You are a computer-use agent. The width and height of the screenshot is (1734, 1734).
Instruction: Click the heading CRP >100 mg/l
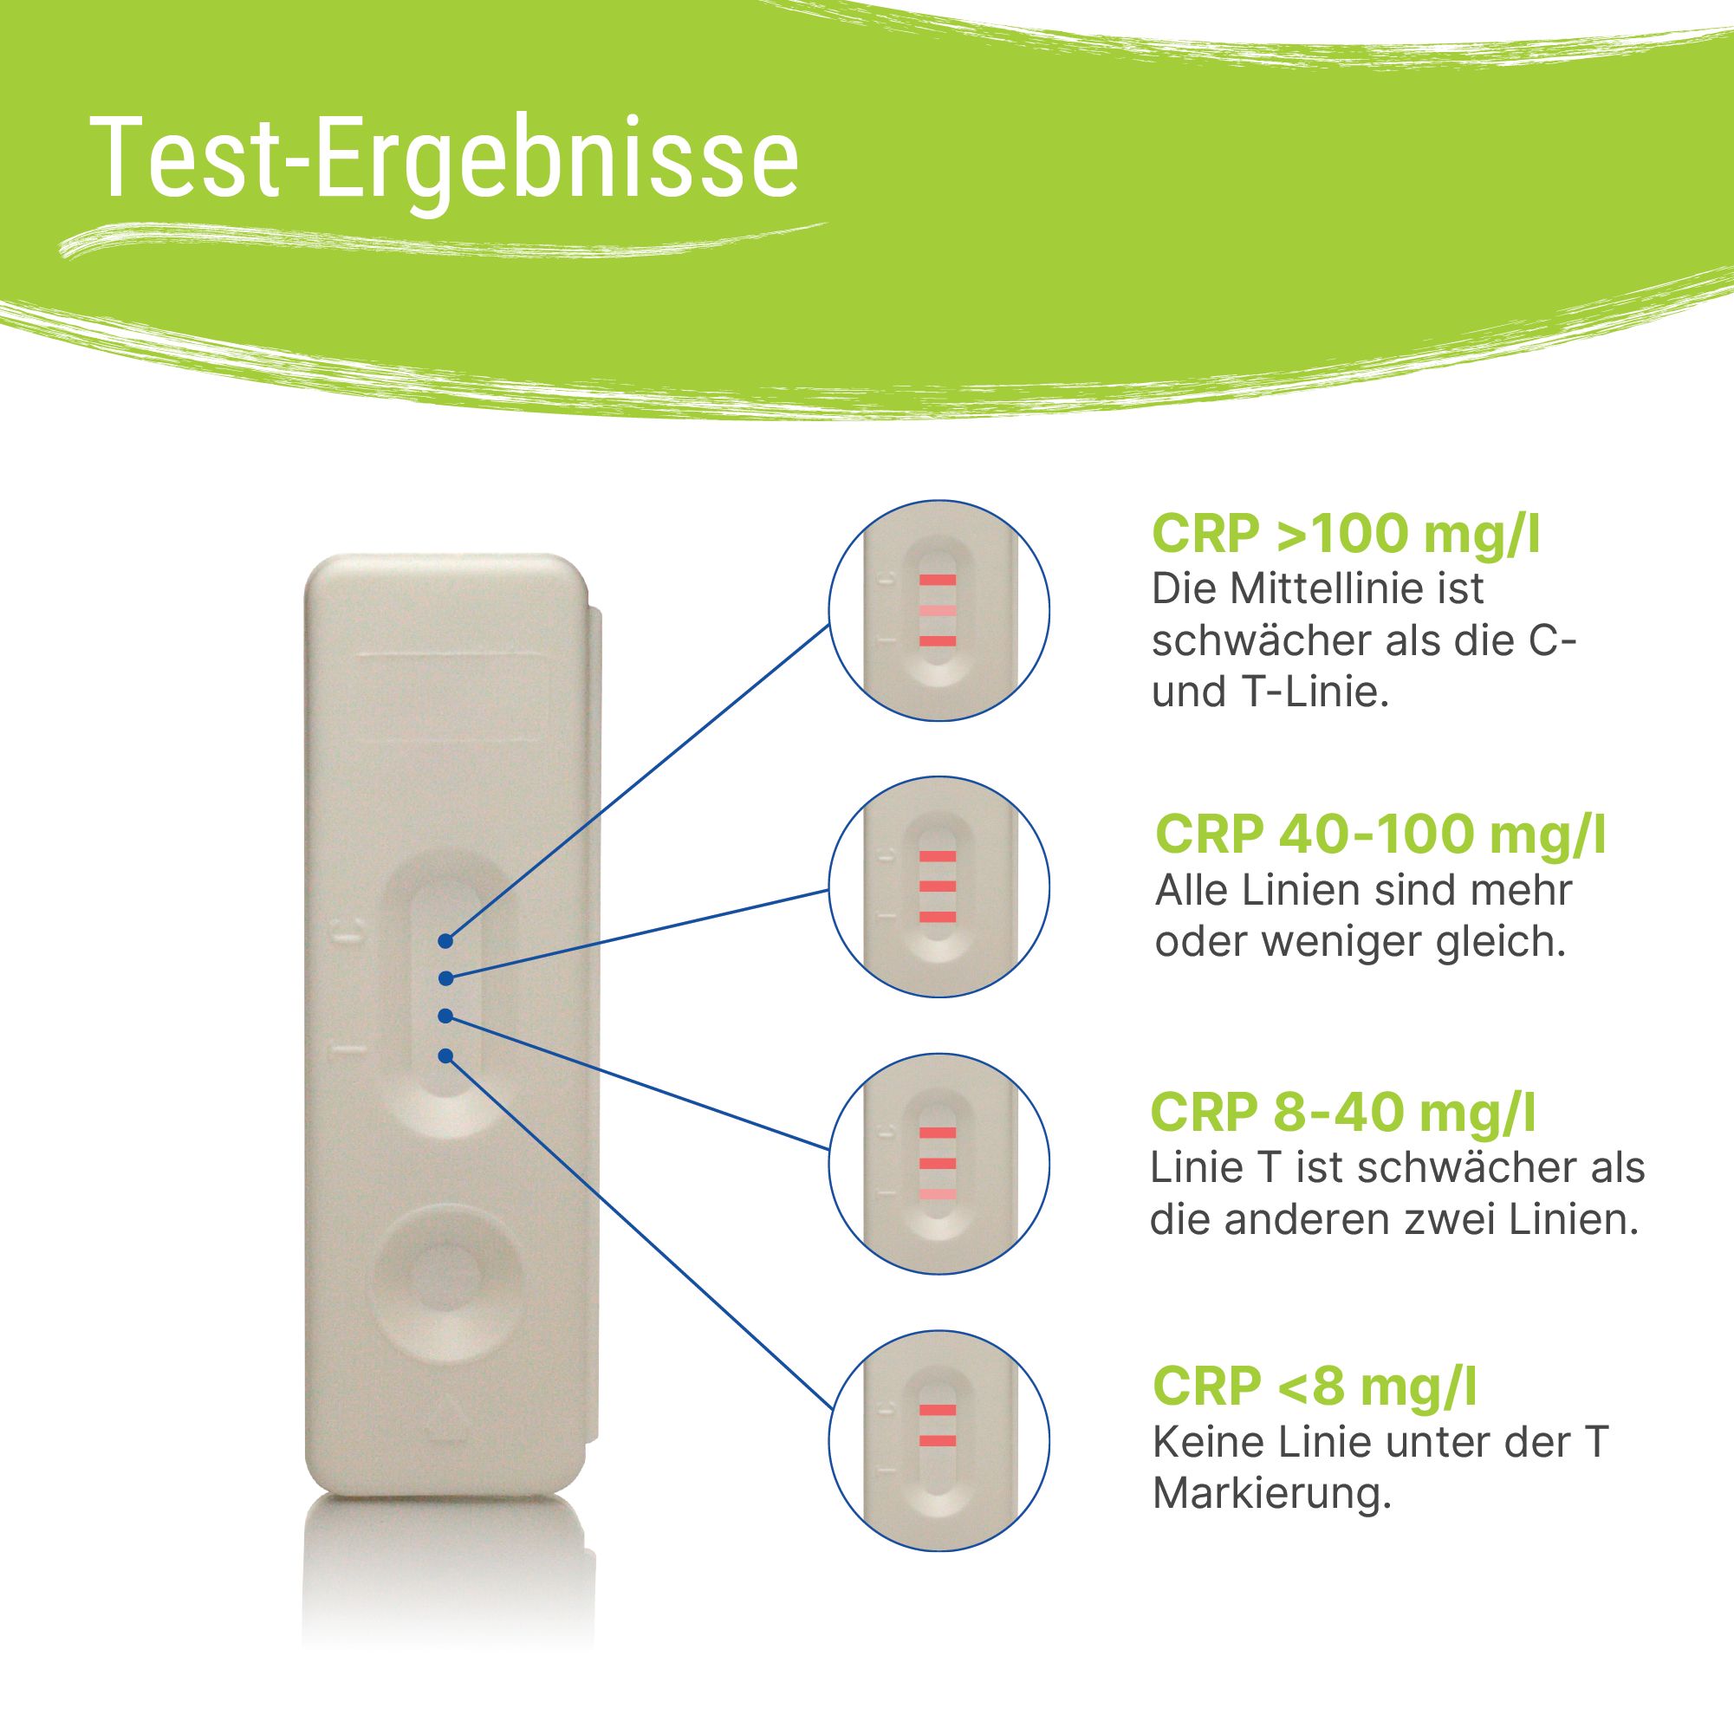pos(1346,535)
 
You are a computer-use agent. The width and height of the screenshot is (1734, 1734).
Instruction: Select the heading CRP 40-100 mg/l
pos(1380,835)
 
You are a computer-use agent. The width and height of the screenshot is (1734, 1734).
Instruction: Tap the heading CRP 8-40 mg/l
pos(1342,1113)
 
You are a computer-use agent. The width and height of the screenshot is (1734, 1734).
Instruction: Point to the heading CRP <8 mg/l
pos(1315,1386)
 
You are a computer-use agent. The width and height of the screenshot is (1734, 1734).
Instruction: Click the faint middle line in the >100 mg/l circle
pos(937,610)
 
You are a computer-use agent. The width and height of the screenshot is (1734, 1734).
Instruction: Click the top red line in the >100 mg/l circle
pos(937,580)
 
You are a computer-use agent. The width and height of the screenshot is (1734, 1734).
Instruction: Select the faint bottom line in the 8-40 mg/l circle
pos(937,1194)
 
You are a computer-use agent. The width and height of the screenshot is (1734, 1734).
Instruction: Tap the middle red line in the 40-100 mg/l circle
pos(937,886)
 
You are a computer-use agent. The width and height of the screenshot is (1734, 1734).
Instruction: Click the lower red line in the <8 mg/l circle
pos(937,1441)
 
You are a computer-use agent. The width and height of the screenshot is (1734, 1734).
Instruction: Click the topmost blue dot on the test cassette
pos(445,941)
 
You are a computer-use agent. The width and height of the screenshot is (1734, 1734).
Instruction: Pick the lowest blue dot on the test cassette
pos(445,1055)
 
